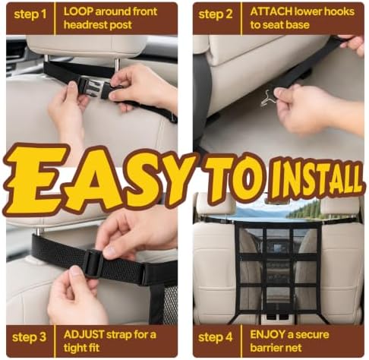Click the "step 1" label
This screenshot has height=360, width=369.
tap(30, 14)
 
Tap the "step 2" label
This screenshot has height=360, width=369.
tap(216, 14)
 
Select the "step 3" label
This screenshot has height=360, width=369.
tap(29, 337)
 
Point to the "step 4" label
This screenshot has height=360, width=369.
tap(216, 337)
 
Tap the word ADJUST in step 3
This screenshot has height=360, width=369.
tap(84, 335)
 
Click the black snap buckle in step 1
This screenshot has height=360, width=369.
tap(95, 87)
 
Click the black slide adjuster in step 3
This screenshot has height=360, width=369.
tap(93, 264)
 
